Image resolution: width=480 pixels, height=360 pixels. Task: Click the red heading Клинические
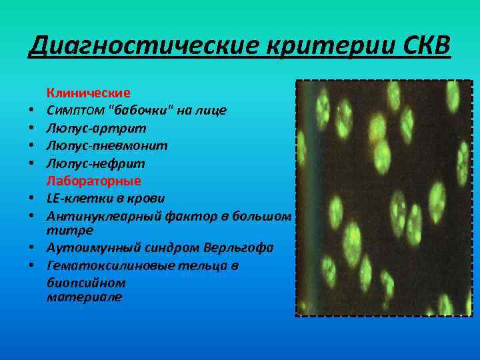88,92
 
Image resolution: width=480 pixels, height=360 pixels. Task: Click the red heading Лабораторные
93,181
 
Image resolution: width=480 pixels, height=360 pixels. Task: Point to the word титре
69,230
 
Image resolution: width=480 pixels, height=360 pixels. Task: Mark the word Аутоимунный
86,248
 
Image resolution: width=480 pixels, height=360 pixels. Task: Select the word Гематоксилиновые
109,266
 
